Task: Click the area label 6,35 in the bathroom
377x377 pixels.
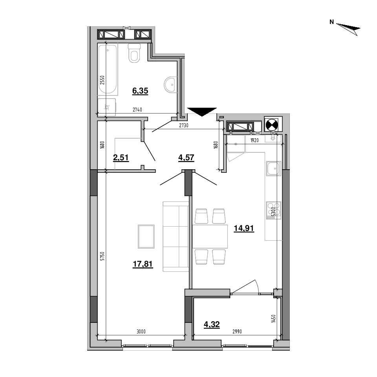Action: [x=140, y=91]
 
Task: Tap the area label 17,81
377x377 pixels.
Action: [x=143, y=264]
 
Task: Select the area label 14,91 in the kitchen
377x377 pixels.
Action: [x=244, y=228]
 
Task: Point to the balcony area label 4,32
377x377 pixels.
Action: [x=212, y=325]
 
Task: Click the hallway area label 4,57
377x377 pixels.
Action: [x=186, y=158]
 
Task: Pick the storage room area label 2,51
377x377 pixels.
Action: [x=121, y=158]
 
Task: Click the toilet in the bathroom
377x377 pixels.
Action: [x=134, y=53]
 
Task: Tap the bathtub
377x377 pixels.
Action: [x=108, y=69]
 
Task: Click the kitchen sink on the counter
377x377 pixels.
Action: [x=274, y=168]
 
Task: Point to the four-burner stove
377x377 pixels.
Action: [x=274, y=210]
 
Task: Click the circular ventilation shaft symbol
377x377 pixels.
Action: [x=272, y=124]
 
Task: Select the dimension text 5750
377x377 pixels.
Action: [x=102, y=256]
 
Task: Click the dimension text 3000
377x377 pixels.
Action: [x=141, y=331]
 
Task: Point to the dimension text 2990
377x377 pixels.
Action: [x=237, y=331]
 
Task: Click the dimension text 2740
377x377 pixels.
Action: [x=137, y=110]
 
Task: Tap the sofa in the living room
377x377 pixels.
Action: [x=176, y=236]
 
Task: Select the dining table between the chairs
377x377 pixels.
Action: [x=210, y=236]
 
